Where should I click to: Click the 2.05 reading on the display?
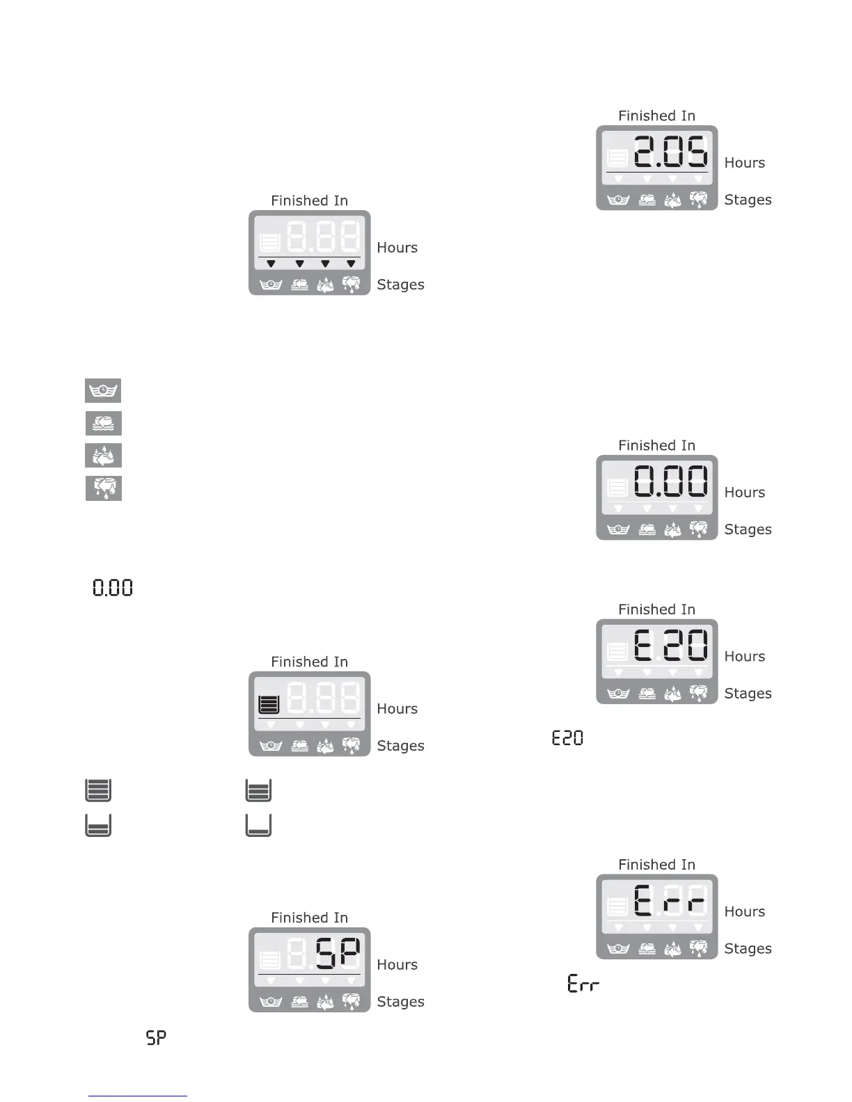[670, 151]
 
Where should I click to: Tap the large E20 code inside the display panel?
[670, 645]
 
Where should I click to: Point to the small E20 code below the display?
[567, 737]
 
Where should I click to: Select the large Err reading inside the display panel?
[670, 900]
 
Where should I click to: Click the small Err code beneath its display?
[583, 984]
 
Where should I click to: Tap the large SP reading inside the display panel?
[338, 953]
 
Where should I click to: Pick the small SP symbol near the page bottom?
[156, 1038]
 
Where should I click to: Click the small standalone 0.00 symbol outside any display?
[113, 588]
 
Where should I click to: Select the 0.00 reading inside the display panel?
[670, 481]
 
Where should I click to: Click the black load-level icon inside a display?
[269, 705]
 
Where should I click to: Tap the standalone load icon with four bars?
[98, 790]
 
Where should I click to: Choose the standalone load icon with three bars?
[258, 790]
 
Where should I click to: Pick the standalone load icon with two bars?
[98, 825]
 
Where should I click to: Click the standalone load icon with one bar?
[258, 825]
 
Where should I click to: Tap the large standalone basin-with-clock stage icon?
[103, 390]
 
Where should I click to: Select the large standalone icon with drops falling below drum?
[104, 488]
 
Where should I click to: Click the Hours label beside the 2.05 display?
[744, 163]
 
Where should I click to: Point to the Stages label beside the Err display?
[748, 948]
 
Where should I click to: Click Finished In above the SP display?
[309, 918]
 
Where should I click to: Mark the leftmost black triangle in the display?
[271, 264]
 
